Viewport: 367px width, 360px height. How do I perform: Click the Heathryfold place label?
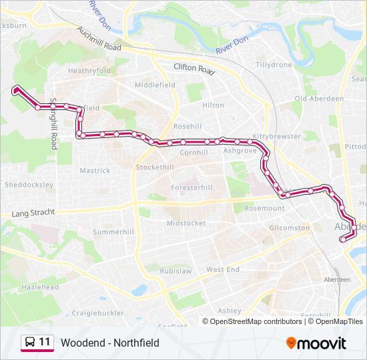89,71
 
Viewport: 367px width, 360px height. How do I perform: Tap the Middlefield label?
155,85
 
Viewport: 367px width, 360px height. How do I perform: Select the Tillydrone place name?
274,65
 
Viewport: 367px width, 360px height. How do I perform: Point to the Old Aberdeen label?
319,99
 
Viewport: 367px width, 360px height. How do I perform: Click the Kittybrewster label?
276,135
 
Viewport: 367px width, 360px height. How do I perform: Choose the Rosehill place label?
187,127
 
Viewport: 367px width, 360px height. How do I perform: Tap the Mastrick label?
95,171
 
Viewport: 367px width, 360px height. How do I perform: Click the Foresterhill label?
192,188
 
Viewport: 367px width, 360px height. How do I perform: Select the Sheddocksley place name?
29,185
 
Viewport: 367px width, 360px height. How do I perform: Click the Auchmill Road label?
99,39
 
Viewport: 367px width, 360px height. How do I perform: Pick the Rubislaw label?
175,271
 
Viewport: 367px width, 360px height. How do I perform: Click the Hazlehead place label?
39,287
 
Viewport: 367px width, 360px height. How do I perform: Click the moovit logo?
316,343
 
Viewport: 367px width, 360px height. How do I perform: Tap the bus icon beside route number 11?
29,343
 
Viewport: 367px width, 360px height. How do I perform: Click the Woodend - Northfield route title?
110,343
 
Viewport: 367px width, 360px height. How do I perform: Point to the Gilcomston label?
290,227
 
